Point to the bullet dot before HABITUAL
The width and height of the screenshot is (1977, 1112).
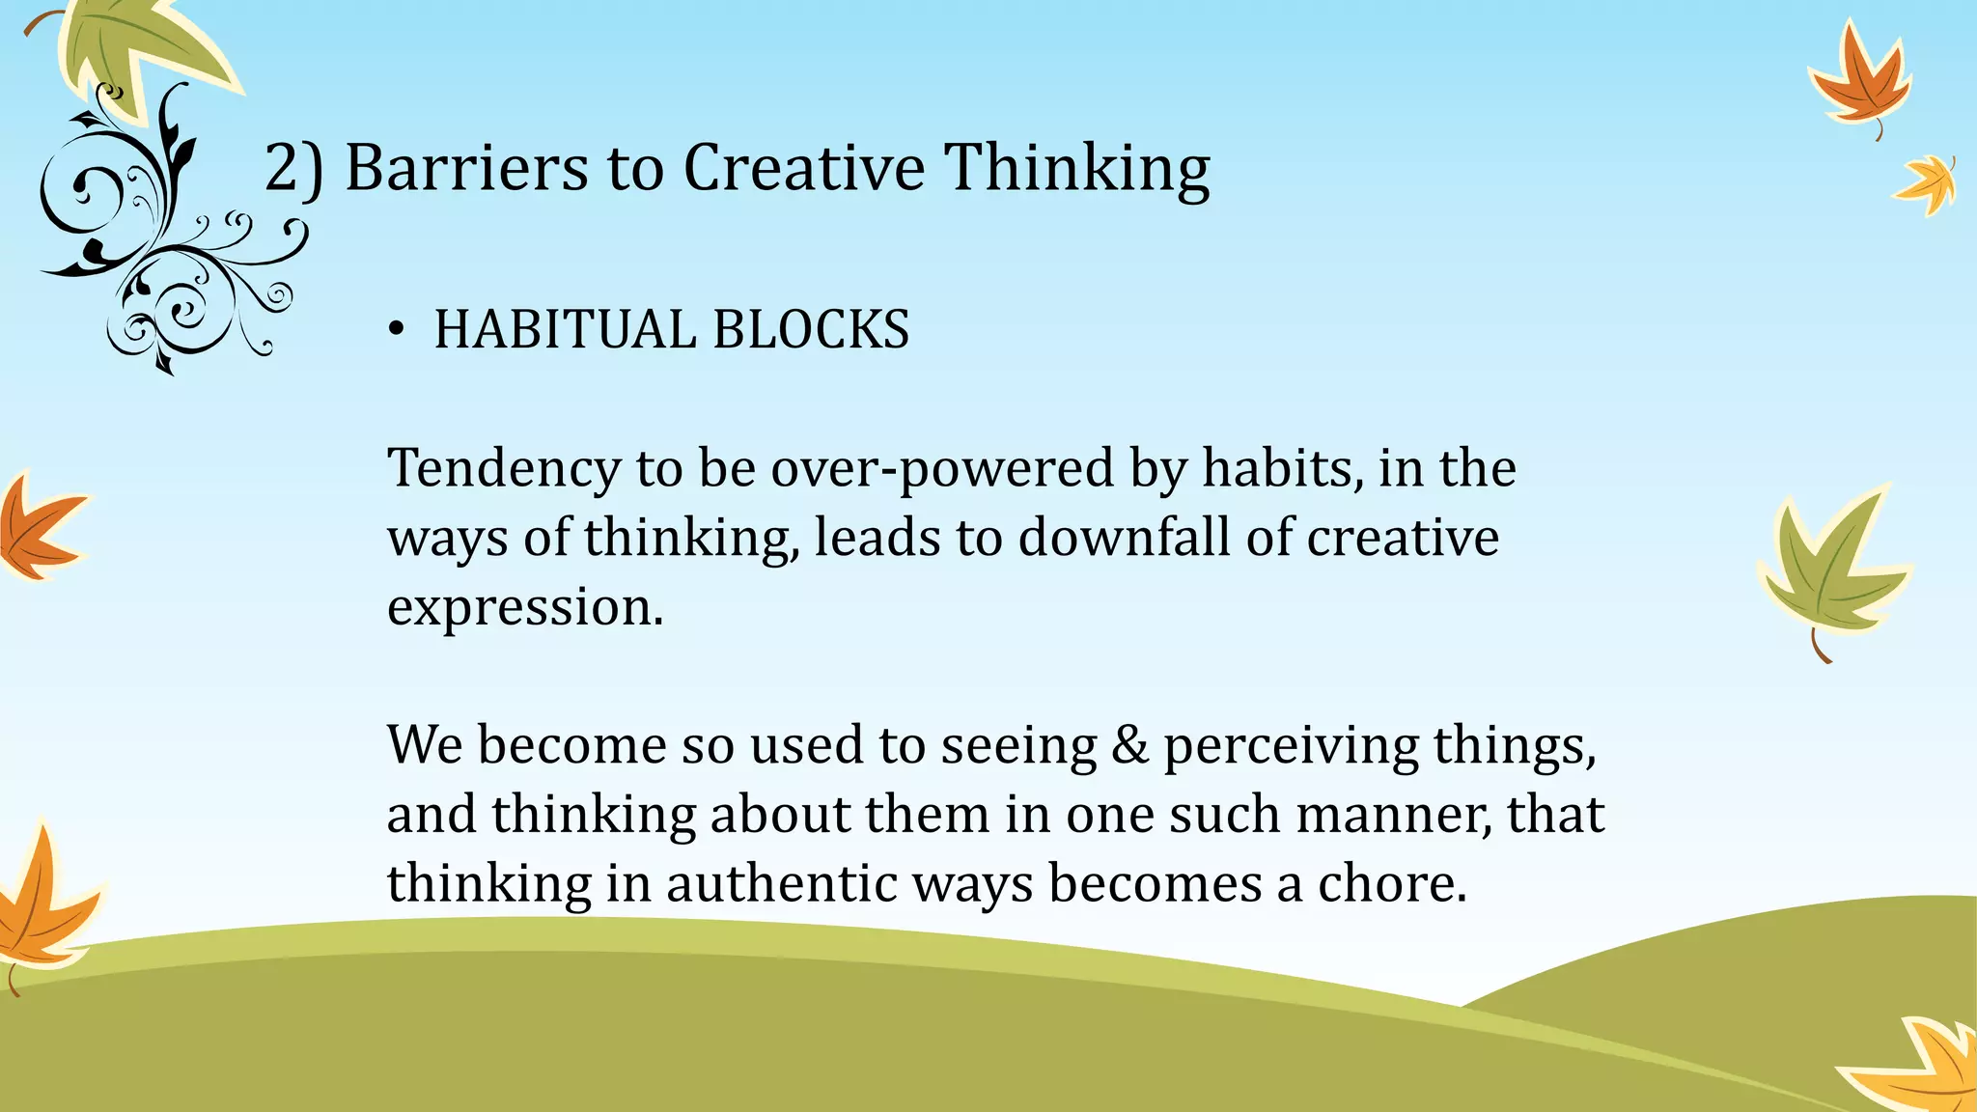coord(395,331)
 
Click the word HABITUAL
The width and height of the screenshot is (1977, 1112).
coord(565,329)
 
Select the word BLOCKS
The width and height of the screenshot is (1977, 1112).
coord(811,329)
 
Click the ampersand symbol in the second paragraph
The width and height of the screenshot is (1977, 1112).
coord(1129,745)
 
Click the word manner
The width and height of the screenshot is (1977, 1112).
coord(1392,815)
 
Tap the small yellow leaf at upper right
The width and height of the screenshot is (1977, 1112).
coord(1927,183)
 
